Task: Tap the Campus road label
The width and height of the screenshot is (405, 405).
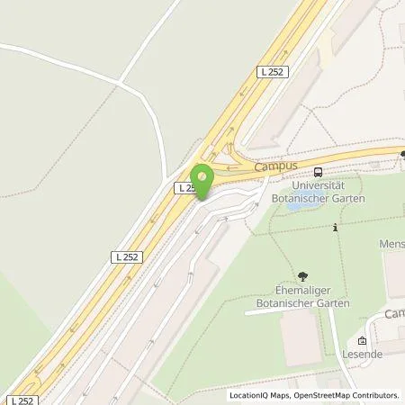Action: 275,166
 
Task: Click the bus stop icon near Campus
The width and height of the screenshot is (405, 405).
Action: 319,171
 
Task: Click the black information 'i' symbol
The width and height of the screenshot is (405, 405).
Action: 335,227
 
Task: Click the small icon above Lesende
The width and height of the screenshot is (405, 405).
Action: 362,341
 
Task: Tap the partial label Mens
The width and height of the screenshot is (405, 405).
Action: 391,244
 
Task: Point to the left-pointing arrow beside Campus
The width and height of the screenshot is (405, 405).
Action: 239,166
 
